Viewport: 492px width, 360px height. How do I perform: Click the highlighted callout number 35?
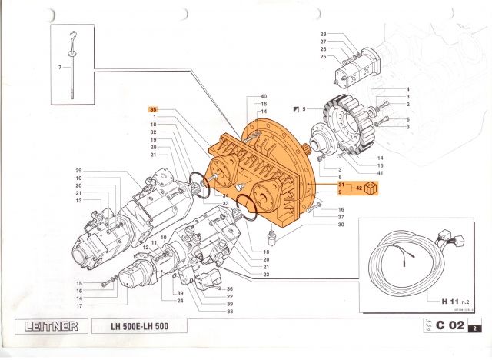point(153,109)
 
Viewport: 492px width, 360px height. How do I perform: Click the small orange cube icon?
point(373,188)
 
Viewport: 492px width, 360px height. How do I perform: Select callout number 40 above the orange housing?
point(264,95)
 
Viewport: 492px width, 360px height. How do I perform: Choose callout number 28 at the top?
point(324,35)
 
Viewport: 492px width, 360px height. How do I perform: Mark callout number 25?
point(324,56)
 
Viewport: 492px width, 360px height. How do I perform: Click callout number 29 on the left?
point(78,170)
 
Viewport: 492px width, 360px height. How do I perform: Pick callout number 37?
point(341,217)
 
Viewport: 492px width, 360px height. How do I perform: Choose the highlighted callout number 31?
point(340,185)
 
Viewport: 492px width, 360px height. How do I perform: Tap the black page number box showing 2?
point(476,329)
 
